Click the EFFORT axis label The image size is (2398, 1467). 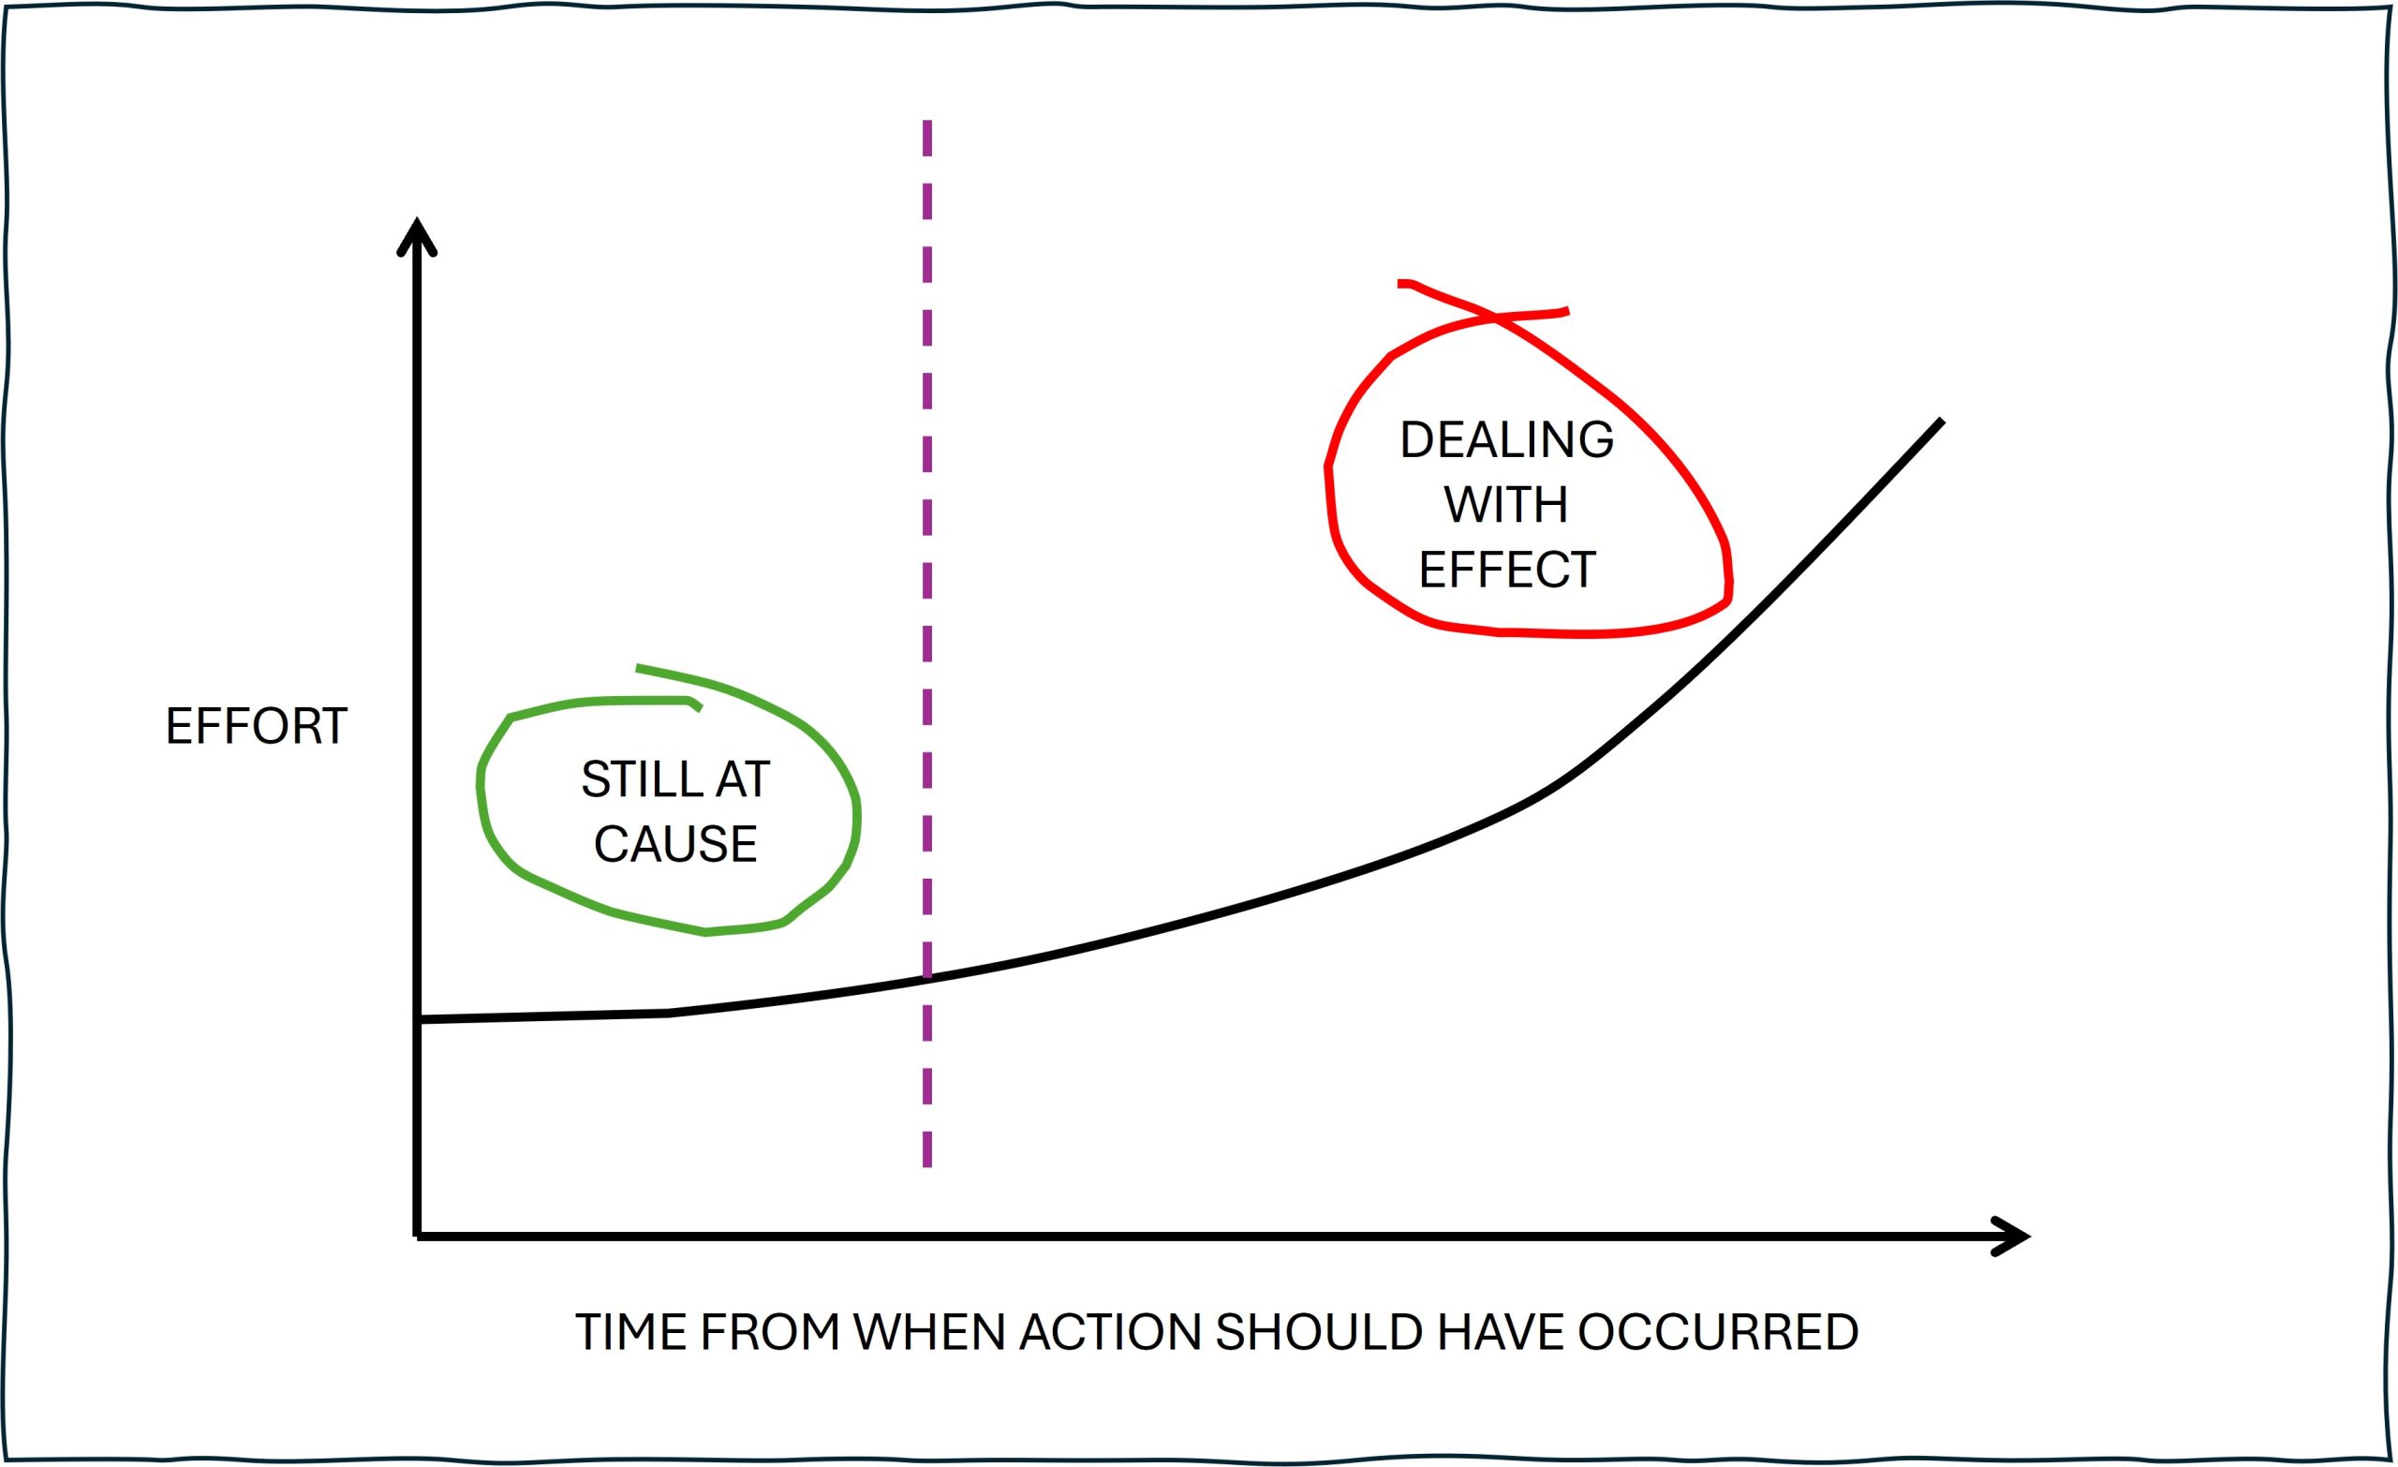(256, 726)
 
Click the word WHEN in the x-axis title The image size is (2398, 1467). (928, 1333)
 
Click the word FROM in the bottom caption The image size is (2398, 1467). (769, 1333)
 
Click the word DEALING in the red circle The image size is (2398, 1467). (1506, 440)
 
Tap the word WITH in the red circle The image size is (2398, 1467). (1505, 504)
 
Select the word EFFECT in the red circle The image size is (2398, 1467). (1506, 570)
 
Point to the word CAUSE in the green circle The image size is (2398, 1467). (675, 844)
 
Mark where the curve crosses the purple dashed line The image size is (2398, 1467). (926, 978)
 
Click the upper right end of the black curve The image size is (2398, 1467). (1942, 422)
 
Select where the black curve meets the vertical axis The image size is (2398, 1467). (418, 1020)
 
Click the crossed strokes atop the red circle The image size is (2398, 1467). (1495, 317)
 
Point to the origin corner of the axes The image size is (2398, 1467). (418, 1237)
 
